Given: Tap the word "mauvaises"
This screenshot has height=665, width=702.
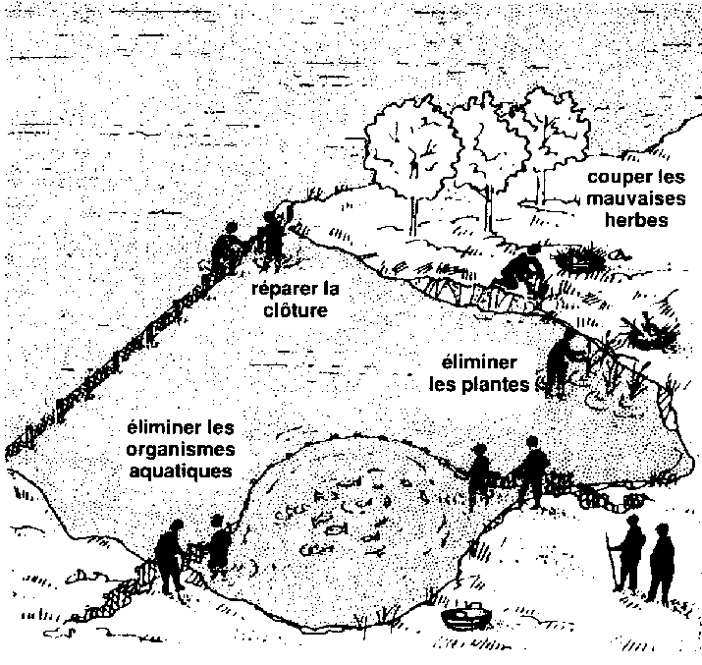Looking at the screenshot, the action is pos(636,198).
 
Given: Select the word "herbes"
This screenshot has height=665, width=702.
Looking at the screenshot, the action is pos(636,220).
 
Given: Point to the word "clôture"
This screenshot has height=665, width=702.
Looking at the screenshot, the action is pos(296,309).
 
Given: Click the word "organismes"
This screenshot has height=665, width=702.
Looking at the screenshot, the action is pos(181,450).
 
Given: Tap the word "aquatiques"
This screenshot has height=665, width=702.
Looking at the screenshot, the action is pos(181,471).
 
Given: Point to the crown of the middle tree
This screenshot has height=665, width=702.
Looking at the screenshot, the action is pos(486,143).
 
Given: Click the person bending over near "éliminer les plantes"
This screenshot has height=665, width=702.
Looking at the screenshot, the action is pos(565,362).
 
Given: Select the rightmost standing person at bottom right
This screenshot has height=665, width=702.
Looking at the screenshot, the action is pos(661,564).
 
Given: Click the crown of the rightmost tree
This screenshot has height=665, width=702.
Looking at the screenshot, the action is pos(553,128).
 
